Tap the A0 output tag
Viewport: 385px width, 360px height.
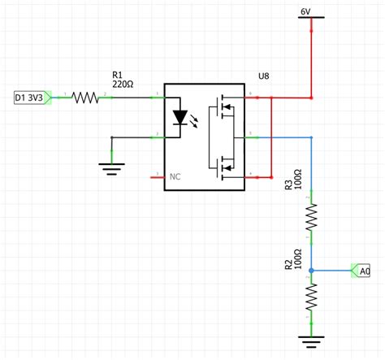(x=361, y=270)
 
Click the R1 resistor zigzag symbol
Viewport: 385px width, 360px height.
(x=84, y=98)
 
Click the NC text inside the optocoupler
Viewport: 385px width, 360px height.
(x=175, y=175)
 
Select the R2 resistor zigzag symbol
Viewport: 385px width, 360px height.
(x=310, y=298)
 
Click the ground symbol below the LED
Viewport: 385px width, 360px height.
(x=110, y=167)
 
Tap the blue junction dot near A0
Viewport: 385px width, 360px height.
(x=310, y=270)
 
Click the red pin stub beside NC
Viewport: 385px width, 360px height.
(x=158, y=175)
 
